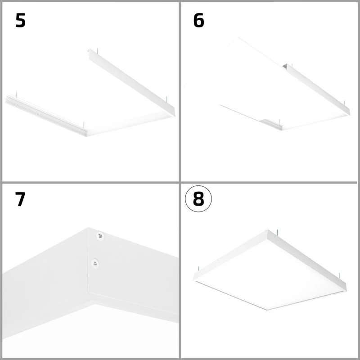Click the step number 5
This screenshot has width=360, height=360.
tap(20, 21)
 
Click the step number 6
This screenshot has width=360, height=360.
tap(198, 21)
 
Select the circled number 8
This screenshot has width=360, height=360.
tap(198, 199)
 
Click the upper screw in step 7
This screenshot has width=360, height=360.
tap(99, 235)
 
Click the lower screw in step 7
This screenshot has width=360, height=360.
tap(95, 263)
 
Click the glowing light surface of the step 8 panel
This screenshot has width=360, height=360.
tap(270, 279)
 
